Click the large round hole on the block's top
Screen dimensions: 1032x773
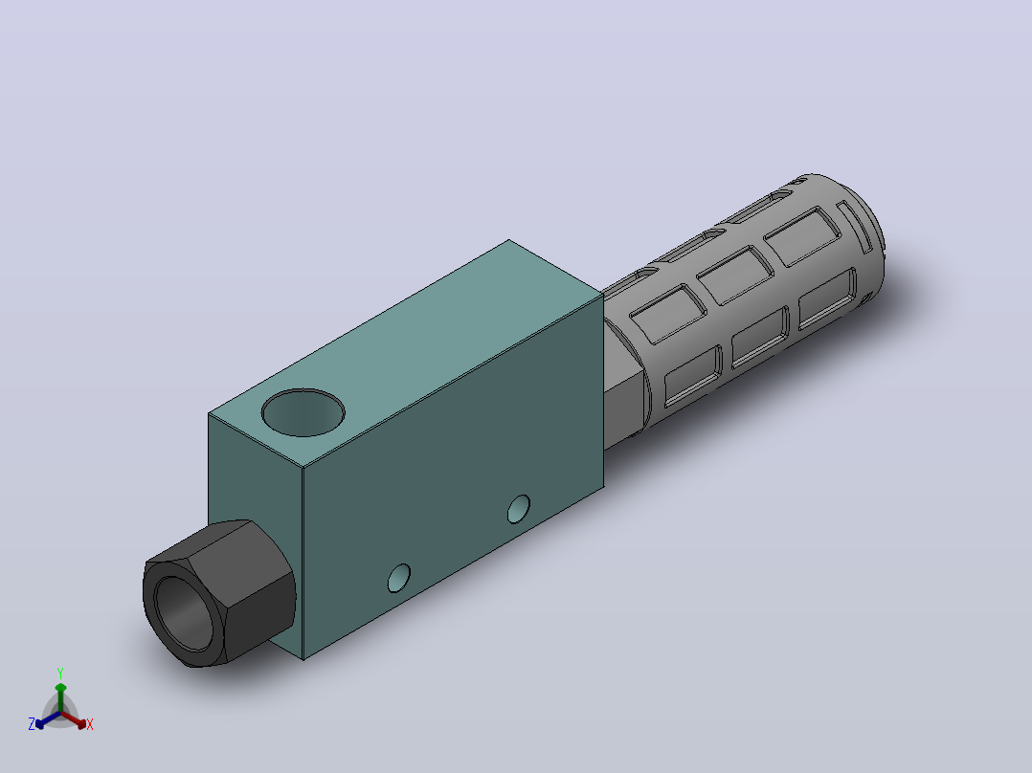(303, 412)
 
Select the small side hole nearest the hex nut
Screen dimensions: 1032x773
(399, 578)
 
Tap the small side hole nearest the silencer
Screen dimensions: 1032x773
(519, 509)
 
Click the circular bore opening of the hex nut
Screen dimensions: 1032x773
(184, 613)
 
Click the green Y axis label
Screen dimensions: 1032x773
(60, 674)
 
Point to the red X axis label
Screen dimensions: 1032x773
(90, 724)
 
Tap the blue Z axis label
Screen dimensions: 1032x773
(32, 724)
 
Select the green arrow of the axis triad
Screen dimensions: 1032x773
(60, 697)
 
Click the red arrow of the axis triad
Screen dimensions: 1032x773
(74, 719)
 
